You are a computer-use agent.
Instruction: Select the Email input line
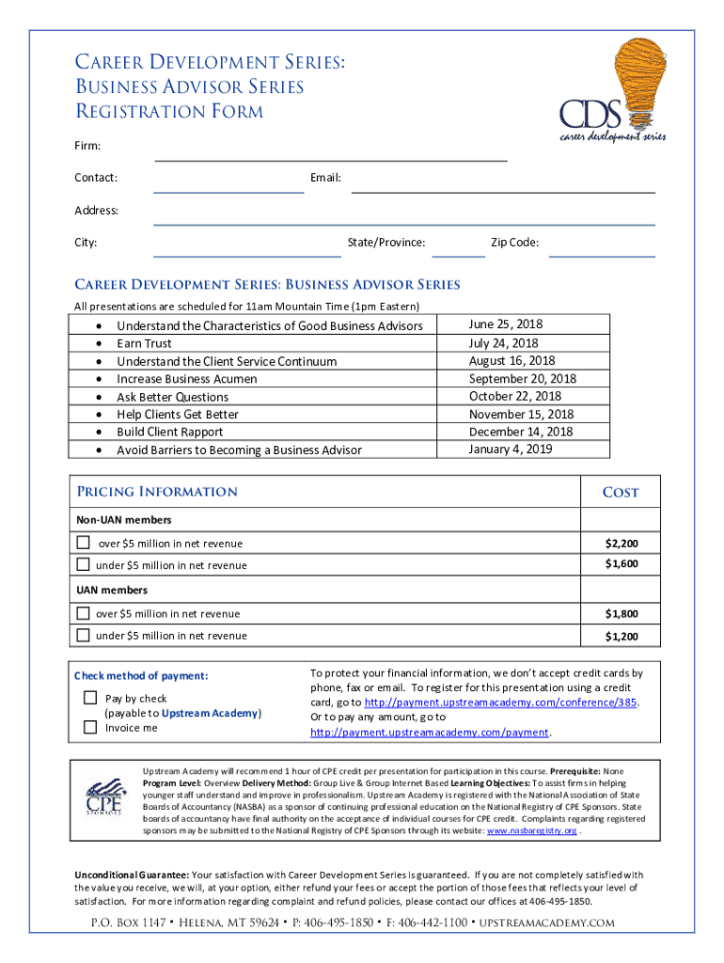pos(503,185)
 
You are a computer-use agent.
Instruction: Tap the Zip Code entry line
pos(602,249)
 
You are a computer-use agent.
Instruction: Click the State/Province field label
pos(386,243)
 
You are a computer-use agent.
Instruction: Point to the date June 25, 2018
pos(506,324)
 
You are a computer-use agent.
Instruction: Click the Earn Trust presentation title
pos(144,343)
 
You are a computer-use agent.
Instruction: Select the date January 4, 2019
pos(511,449)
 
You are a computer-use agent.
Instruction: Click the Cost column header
pos(620,492)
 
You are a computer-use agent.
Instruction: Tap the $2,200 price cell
pos(622,544)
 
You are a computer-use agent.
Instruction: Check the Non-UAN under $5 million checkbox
pos(84,564)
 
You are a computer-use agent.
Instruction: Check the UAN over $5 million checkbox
pos(84,613)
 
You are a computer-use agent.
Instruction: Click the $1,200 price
pos(622,637)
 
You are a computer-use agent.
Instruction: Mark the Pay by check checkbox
pos(90,698)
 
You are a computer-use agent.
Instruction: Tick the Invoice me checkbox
pos(90,727)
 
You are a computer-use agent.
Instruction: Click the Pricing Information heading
pos(157,492)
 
